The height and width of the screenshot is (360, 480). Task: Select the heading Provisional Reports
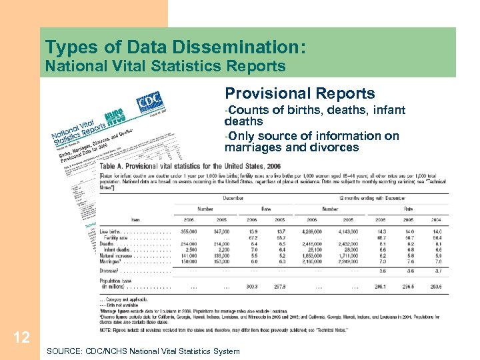pyautogui.click(x=300, y=94)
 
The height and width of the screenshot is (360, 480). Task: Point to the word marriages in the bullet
pyautogui.click(x=252, y=147)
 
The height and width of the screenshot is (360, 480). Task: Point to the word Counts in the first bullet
pyautogui.click(x=248, y=110)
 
